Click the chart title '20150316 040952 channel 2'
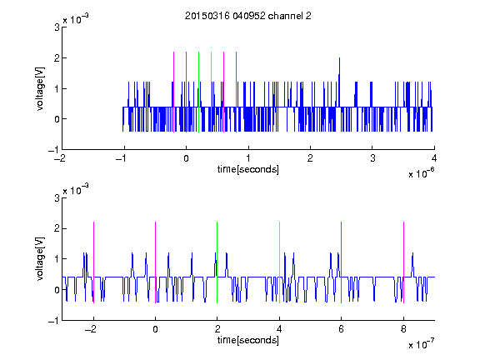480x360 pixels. coord(248,16)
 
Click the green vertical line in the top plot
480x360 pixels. coord(198,92)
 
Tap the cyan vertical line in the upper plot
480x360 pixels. coord(211,92)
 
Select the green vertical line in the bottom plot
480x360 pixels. coord(217,262)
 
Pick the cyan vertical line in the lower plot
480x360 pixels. coord(279,262)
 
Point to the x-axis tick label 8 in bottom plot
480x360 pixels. coord(403,329)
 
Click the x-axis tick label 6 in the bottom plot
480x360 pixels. coord(342,329)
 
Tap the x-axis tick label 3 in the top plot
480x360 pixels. coord(372,158)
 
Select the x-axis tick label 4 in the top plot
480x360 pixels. coord(434,158)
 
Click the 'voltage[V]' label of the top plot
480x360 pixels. coord(40,89)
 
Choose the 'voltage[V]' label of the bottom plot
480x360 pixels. coord(40,258)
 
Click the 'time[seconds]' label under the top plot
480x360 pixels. coord(248,169)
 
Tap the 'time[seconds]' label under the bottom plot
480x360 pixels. coord(248,340)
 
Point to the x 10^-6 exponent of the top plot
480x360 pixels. coord(421,173)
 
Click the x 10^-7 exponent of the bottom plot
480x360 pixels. coord(421,344)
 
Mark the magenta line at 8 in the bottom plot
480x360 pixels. coord(404,262)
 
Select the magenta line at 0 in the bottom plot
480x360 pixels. coord(156,262)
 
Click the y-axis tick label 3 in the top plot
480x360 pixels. coord(57,27)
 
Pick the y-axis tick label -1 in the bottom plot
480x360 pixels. coord(53,321)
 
